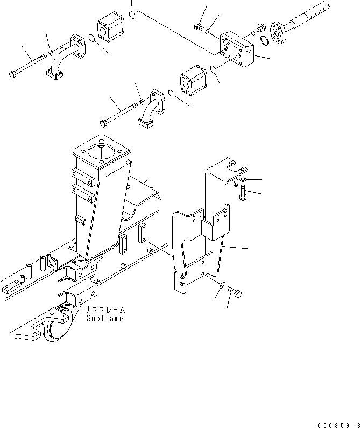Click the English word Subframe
104,318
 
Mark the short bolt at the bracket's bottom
235,291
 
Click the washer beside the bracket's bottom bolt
222,285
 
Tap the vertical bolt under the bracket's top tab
243,193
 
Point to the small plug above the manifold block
197,25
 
